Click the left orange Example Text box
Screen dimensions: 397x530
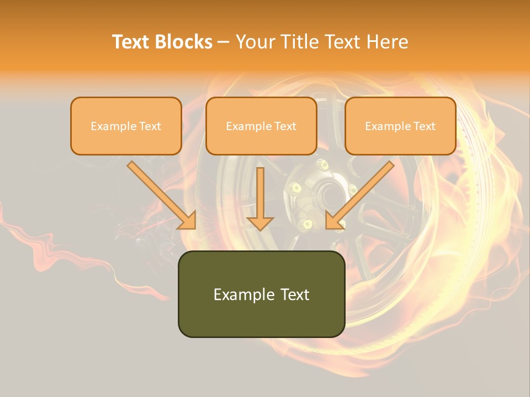126,126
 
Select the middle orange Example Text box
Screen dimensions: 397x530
261,126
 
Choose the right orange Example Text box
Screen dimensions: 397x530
400,126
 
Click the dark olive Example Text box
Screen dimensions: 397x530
261,294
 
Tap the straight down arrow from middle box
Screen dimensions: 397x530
260,193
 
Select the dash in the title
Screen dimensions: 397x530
224,42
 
